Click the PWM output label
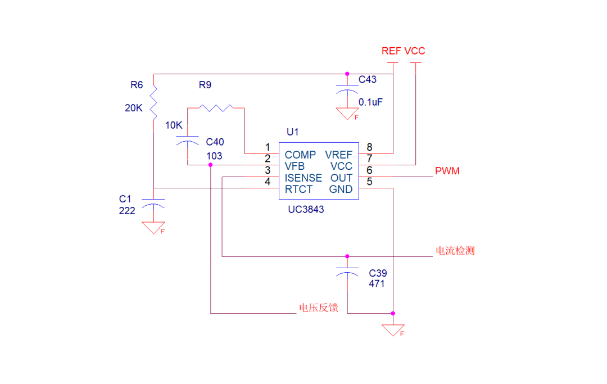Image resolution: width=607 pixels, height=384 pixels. click(x=447, y=171)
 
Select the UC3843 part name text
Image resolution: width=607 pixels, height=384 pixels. click(x=306, y=209)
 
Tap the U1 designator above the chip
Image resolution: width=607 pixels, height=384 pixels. click(x=293, y=132)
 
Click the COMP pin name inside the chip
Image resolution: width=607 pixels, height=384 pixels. click(x=300, y=155)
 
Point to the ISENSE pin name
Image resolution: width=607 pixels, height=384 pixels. click(x=303, y=178)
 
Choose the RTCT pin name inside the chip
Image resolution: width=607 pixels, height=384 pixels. click(x=298, y=189)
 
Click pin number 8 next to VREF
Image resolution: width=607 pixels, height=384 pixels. click(x=369, y=147)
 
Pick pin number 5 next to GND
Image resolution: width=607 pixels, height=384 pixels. click(x=369, y=182)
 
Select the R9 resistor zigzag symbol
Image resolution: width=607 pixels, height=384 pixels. click(x=216, y=107)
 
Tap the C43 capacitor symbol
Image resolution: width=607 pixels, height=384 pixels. click(x=347, y=89)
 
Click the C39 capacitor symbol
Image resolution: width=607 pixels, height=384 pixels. click(x=347, y=272)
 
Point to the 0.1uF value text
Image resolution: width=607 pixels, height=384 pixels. click(x=371, y=102)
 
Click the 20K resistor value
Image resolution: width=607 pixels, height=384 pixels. click(x=134, y=108)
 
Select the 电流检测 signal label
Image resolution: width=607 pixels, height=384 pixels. click(x=455, y=251)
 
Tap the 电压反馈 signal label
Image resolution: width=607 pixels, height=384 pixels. click(x=319, y=308)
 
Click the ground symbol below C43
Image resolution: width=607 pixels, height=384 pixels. click(x=347, y=114)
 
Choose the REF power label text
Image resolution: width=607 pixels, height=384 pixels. click(x=391, y=51)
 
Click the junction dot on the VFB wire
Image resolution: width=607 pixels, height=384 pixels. click(x=210, y=165)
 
